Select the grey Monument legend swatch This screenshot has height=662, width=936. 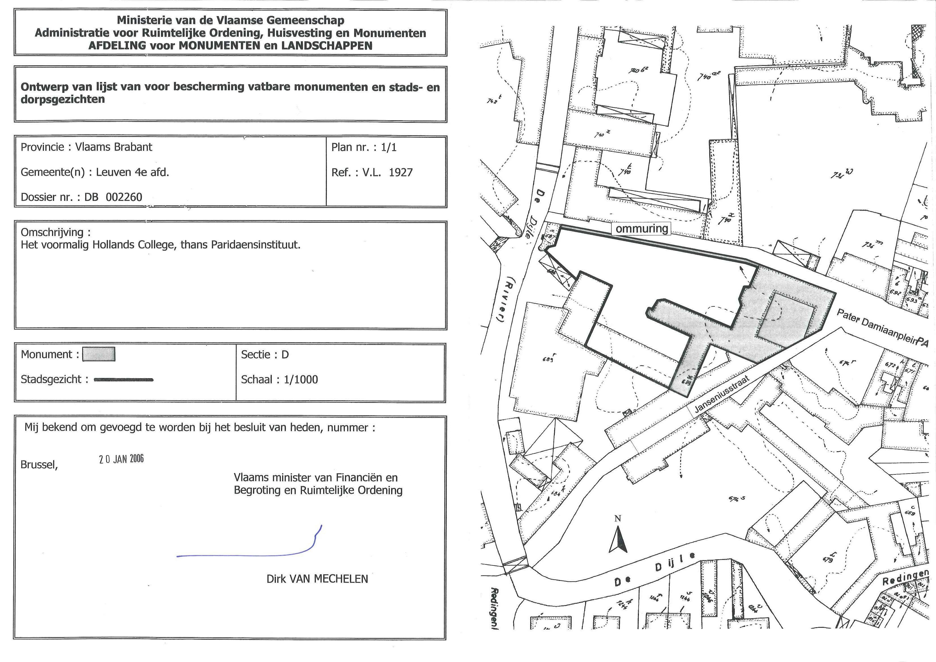(x=99, y=354)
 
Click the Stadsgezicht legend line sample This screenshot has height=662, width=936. (x=124, y=379)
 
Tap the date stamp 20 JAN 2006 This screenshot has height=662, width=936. (x=121, y=459)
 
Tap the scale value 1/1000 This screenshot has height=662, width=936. (x=301, y=379)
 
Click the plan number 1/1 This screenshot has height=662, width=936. (x=388, y=147)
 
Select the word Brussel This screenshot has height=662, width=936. (x=39, y=465)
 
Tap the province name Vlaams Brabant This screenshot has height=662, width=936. (x=113, y=147)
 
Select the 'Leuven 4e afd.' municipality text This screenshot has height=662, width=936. (x=132, y=172)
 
